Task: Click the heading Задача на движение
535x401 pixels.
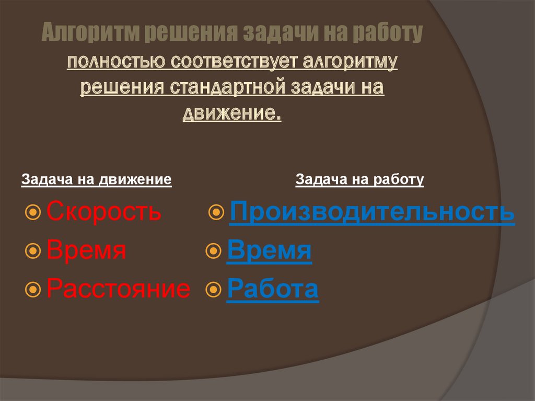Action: (x=97, y=180)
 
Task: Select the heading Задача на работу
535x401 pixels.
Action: (x=360, y=180)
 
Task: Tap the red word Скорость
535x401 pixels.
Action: (x=104, y=212)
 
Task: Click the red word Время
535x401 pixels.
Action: (x=86, y=251)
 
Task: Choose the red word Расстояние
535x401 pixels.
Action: (x=119, y=289)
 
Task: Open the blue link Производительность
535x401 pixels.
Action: (x=372, y=212)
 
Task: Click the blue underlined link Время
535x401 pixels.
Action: (x=269, y=251)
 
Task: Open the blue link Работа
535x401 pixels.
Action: (x=272, y=289)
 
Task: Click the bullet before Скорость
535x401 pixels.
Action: (x=33, y=212)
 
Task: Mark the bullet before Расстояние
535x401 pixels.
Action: (x=33, y=289)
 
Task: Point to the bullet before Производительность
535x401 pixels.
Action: (x=216, y=212)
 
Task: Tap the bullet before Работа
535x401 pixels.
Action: (x=214, y=289)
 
